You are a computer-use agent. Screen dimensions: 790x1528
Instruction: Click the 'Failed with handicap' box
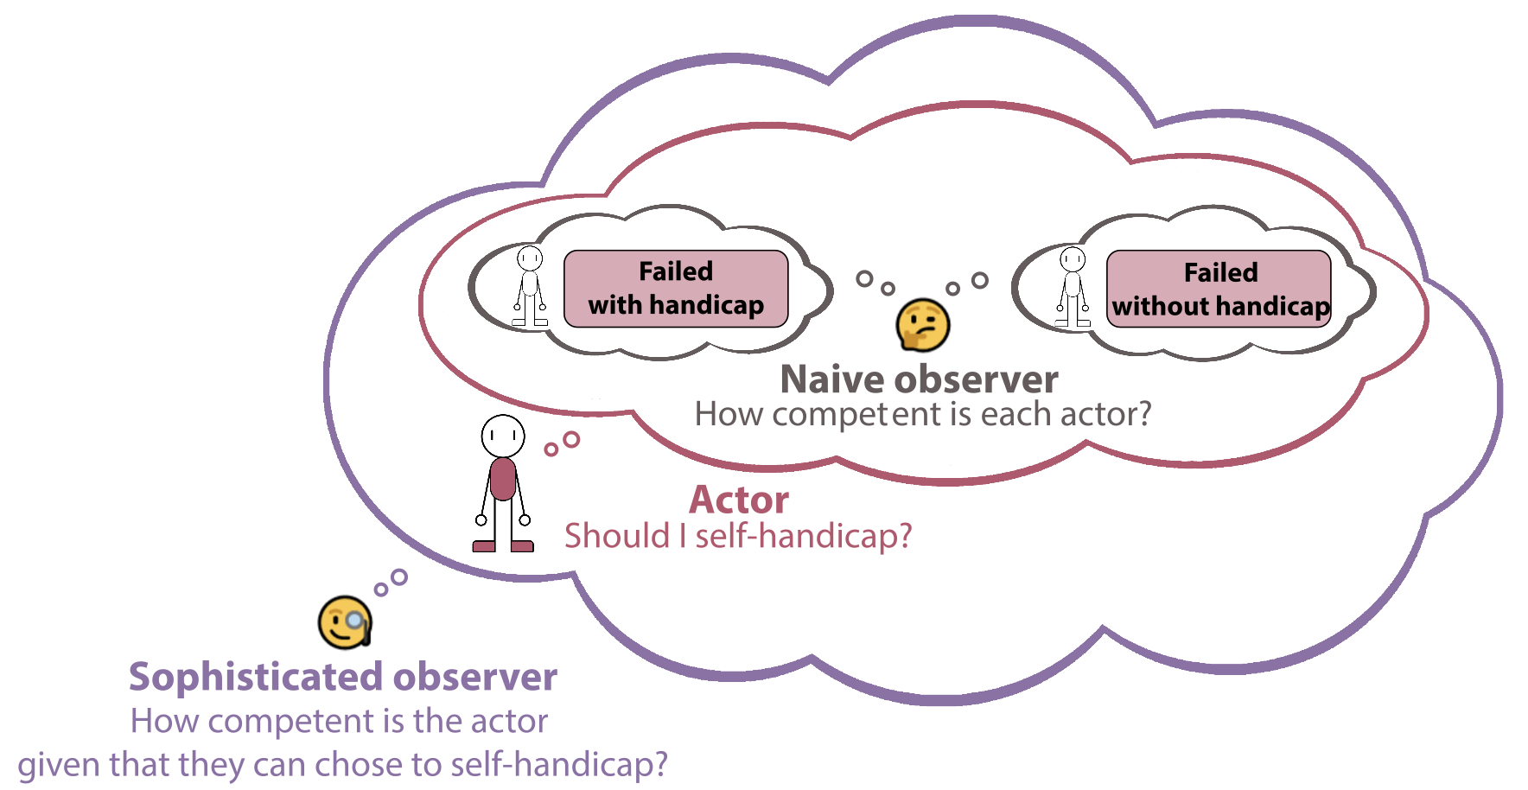coord(676,289)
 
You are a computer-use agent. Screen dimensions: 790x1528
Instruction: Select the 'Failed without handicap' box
coord(1219,290)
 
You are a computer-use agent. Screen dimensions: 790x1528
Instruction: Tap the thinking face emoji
coord(923,325)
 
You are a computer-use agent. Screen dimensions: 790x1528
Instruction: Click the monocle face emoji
coord(345,621)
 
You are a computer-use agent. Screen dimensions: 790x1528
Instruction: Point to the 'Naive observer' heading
coord(919,379)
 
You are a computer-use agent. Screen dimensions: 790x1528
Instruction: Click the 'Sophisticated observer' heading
coord(343,677)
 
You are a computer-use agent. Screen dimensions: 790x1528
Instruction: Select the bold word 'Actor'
coord(739,500)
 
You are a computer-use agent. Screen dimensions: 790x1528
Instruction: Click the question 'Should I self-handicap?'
coord(738,536)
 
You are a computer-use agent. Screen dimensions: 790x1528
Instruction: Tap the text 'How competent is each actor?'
coord(923,414)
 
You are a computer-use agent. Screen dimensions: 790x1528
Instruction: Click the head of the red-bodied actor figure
coord(503,436)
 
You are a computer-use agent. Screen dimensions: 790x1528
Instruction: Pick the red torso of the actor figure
coord(503,480)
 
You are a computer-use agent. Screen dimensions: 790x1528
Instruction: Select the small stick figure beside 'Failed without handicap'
coord(1073,286)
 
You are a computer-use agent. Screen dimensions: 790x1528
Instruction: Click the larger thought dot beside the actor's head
coord(571,440)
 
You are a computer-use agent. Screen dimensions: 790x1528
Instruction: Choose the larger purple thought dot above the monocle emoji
coord(398,577)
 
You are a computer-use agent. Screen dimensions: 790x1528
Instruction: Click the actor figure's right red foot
coord(522,546)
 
